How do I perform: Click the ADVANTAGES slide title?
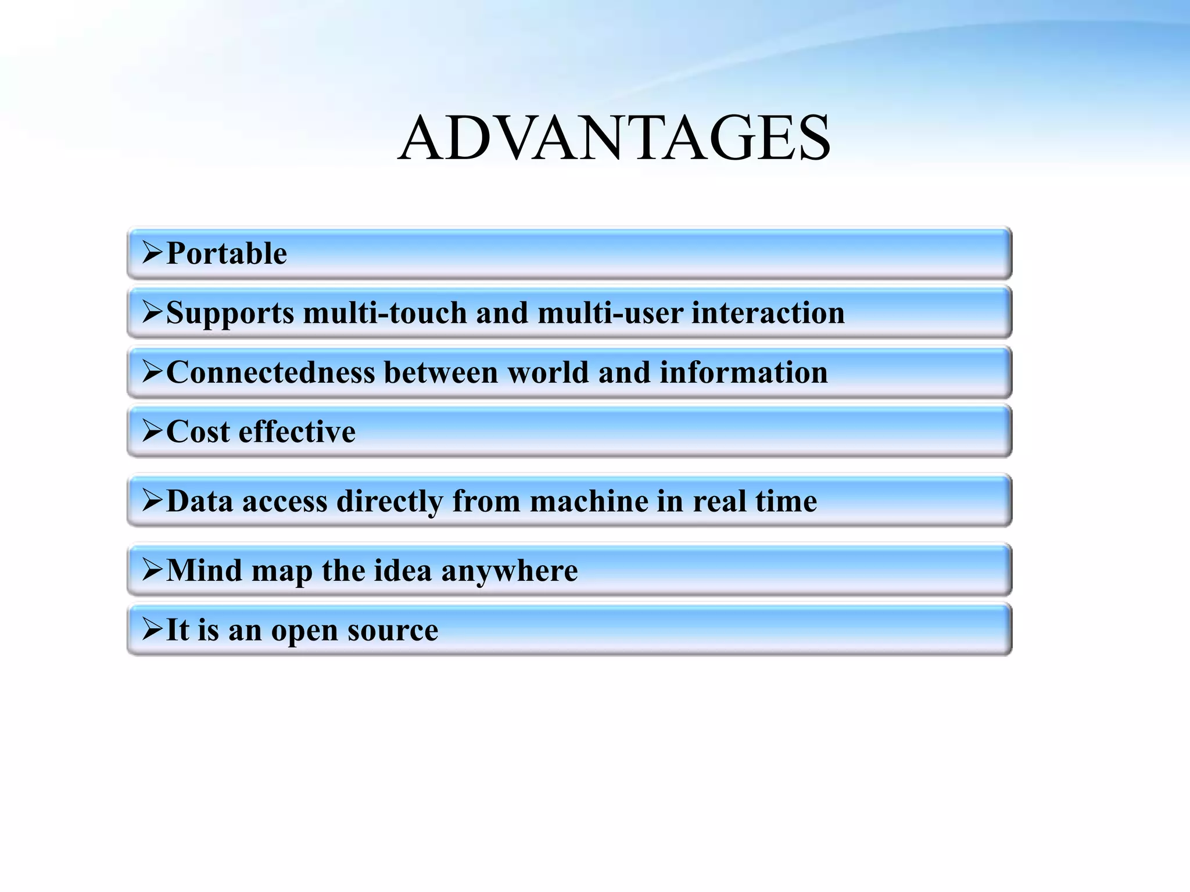[x=614, y=138]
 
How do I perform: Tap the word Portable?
[x=227, y=254]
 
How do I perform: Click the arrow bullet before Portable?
[x=152, y=253]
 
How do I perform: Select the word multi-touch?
[x=385, y=313]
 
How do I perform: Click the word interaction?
[x=768, y=313]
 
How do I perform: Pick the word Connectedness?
[x=270, y=372]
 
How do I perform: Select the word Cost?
[x=198, y=432]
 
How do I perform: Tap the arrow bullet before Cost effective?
[x=152, y=431]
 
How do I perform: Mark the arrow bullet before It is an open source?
[x=152, y=629]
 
